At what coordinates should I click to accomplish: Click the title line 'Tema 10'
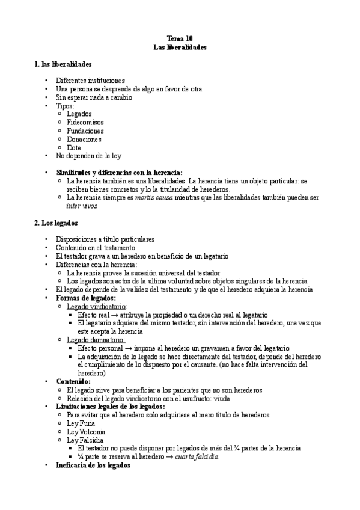point(180,37)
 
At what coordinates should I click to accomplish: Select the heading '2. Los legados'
point(56,223)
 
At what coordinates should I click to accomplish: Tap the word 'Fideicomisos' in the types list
point(85,122)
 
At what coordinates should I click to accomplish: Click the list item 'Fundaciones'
point(85,131)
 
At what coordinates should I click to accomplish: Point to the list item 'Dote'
point(75,147)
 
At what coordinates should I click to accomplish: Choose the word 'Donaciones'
point(84,139)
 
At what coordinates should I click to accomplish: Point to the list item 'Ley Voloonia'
point(86,431)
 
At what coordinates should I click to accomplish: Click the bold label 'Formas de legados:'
point(86,298)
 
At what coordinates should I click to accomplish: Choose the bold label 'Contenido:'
point(73,381)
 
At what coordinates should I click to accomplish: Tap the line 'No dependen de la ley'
point(88,156)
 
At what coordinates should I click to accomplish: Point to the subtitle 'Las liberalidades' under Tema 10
point(180,46)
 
